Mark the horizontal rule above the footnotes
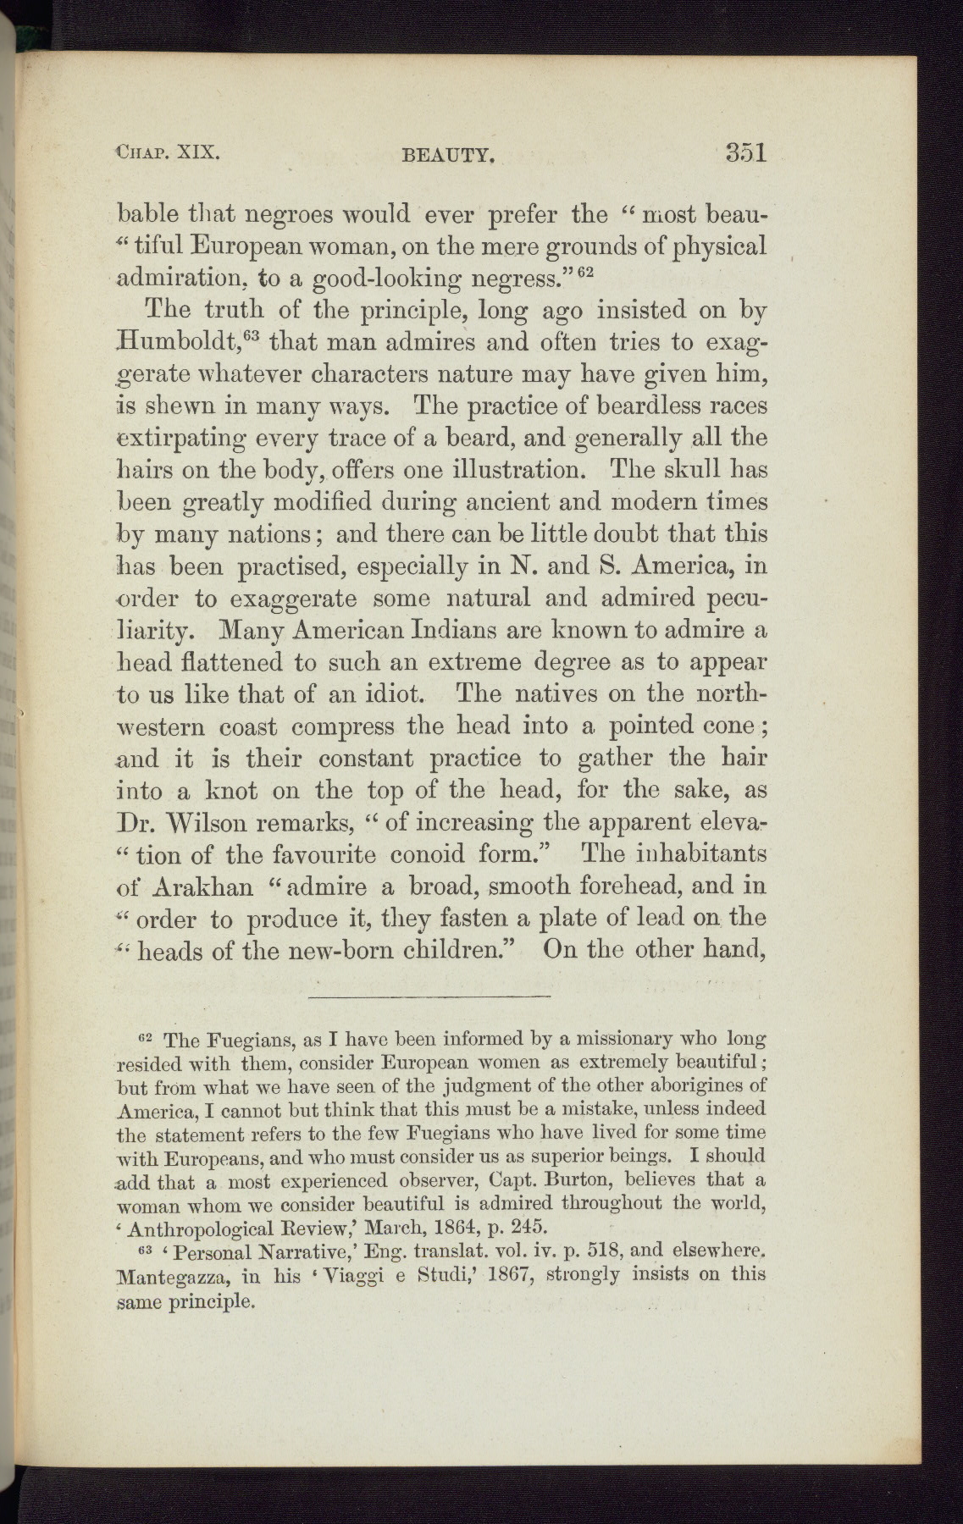coord(429,997)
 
